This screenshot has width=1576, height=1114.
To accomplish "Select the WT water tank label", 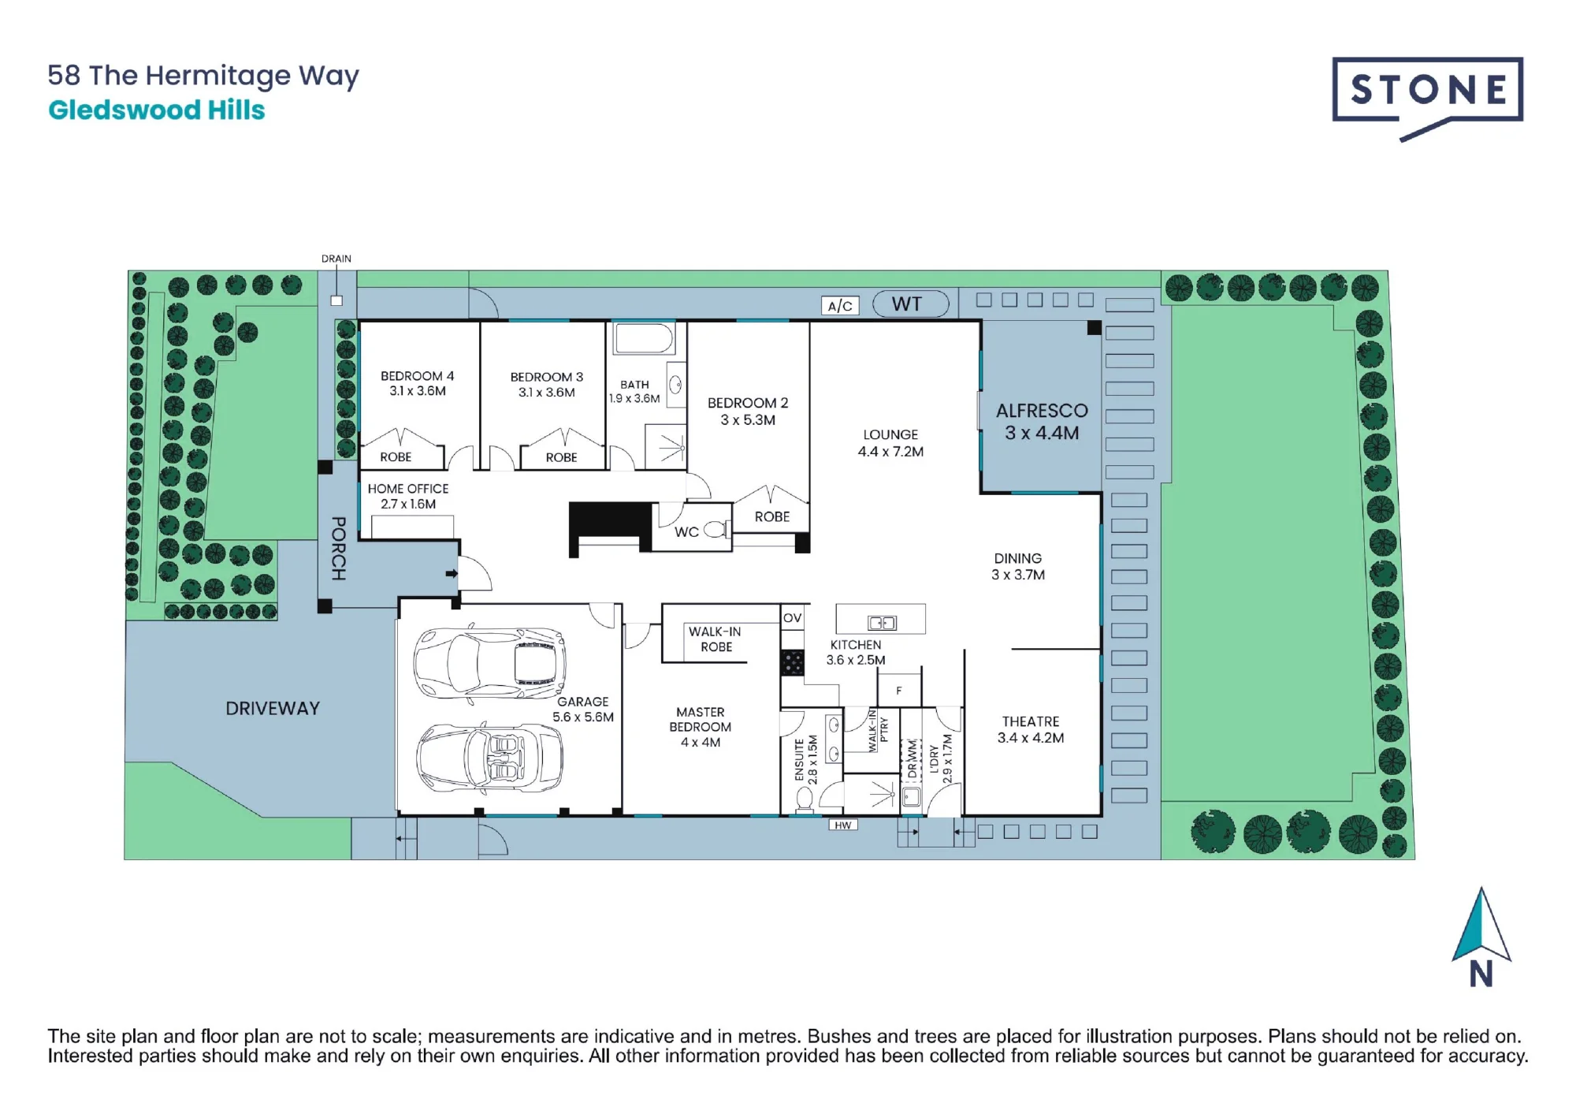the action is [907, 304].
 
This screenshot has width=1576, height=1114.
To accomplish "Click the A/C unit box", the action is [840, 306].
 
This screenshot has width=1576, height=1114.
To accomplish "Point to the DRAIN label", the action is [336, 259].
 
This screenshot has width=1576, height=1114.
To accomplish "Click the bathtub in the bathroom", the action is [644, 337].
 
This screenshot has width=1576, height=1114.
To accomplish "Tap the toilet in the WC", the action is [717, 530].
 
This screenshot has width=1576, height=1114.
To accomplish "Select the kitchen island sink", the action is [882, 623].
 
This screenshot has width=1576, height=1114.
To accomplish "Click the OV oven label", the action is [793, 618].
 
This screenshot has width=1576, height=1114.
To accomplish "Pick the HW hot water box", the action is [843, 825].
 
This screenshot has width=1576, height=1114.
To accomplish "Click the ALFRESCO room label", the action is [1042, 411].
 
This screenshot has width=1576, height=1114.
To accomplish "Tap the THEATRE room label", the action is [1031, 721].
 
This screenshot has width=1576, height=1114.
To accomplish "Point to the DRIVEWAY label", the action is [273, 709].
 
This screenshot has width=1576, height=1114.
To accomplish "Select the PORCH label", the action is [339, 549].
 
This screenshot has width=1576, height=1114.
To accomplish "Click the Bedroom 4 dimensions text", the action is [418, 391].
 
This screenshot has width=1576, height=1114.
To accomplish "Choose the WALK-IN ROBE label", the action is [716, 639].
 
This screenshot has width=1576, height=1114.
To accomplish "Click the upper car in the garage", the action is [489, 663].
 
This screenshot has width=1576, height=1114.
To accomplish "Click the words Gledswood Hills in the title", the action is [157, 110].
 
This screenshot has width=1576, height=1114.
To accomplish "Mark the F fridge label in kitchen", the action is [899, 691].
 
